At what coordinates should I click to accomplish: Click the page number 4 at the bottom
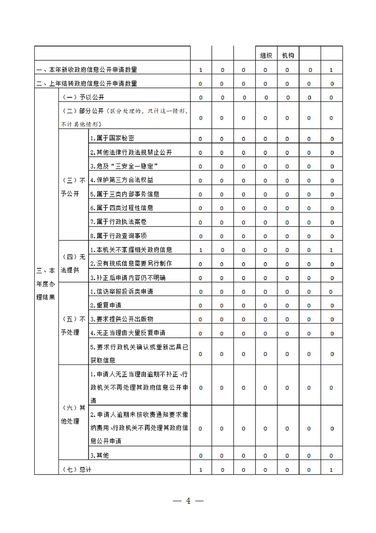[188, 501]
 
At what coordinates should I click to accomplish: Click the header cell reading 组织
[266, 56]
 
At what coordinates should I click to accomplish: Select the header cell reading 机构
[288, 56]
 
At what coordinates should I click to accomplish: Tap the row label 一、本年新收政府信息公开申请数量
[87, 70]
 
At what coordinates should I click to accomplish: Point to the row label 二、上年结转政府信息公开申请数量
[87, 84]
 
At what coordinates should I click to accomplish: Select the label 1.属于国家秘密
[112, 138]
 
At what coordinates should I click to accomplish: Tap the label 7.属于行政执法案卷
[118, 221]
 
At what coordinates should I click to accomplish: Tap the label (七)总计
[77, 470]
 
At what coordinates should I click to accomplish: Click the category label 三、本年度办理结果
[46, 284]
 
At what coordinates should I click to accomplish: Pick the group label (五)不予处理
[73, 325]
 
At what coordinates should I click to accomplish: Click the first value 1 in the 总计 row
[200, 470]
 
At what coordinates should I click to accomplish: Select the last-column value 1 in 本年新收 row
[331, 70]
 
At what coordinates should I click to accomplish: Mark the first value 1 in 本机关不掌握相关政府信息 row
[200, 250]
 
